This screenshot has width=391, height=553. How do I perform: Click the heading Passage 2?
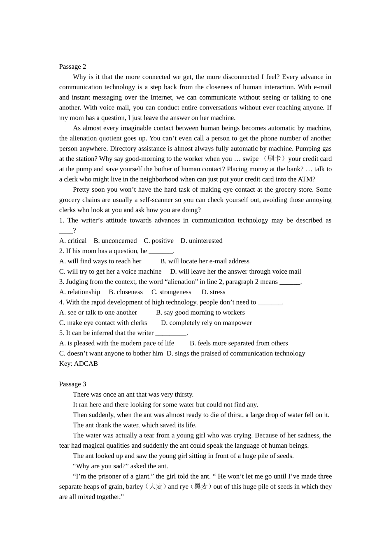click(72, 67)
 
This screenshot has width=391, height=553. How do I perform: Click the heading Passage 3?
click(72, 384)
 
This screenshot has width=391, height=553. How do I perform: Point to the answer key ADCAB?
click(86, 363)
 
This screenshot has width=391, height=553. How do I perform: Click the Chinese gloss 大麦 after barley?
click(156, 486)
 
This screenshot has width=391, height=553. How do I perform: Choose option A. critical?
click(73, 241)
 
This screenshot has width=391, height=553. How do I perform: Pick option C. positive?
click(158, 241)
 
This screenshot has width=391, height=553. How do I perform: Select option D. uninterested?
click(201, 241)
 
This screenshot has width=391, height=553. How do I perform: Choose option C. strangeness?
click(171, 292)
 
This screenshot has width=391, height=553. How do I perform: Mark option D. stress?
click(213, 292)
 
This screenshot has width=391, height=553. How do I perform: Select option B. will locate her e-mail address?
click(205, 261)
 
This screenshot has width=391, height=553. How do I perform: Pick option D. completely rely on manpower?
click(206, 323)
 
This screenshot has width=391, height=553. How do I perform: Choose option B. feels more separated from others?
click(239, 343)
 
